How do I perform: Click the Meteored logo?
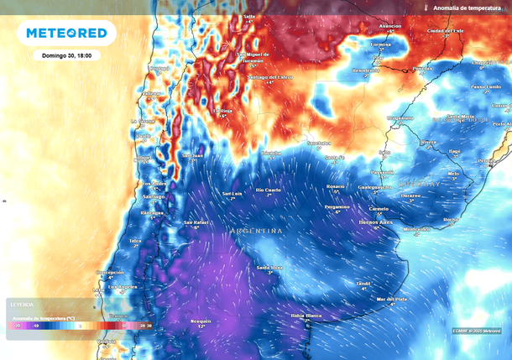tap(67, 34)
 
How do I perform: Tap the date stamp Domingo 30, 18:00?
tap(66, 55)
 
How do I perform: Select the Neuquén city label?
tap(201, 321)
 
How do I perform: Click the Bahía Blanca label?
tap(306, 315)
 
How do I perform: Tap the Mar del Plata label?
tap(392, 298)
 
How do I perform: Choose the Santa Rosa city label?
tap(269, 267)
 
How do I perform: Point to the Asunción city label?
tap(390, 26)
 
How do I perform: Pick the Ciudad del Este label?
tap(446, 30)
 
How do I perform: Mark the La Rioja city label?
tap(222, 110)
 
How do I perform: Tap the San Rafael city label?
tap(196, 222)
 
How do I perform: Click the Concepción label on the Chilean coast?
tap(110, 272)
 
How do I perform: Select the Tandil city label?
tap(363, 284)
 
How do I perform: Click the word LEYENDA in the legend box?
tap(22, 305)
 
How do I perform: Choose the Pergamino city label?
tap(337, 206)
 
